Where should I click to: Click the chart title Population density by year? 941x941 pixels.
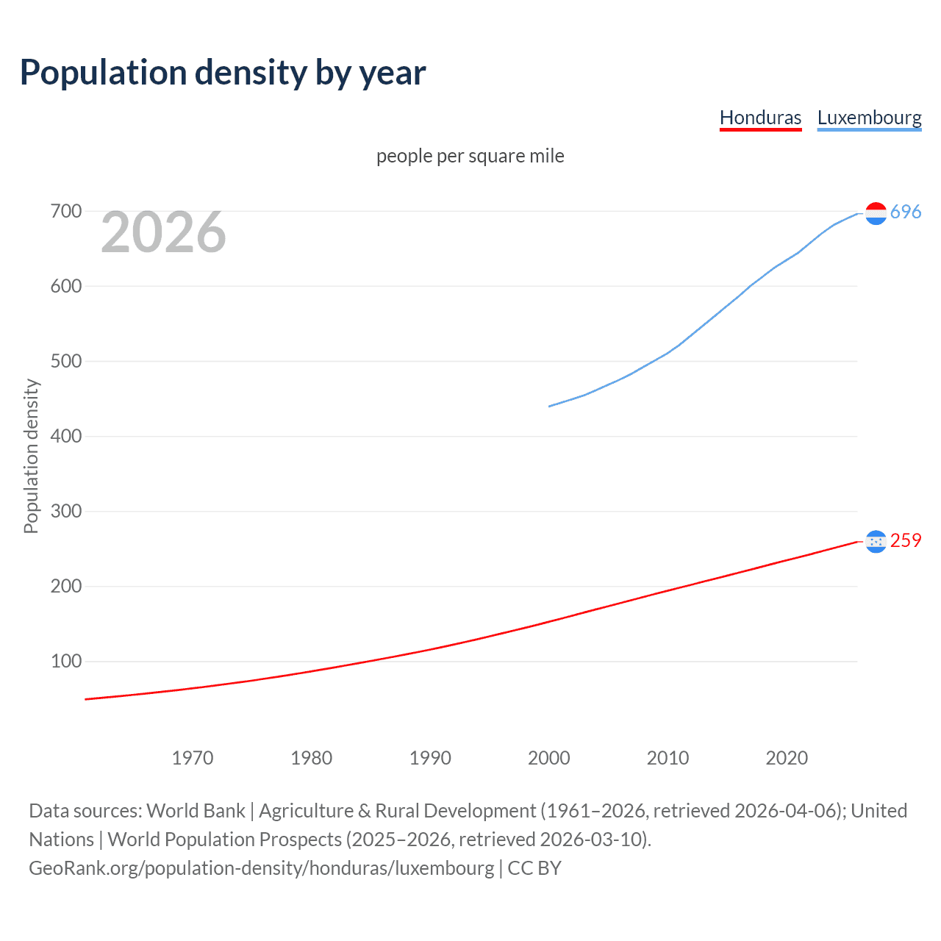click(x=223, y=73)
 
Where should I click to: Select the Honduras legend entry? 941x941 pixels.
click(x=760, y=118)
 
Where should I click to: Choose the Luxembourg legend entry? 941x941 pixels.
click(x=869, y=118)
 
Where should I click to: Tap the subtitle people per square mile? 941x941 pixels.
click(x=470, y=156)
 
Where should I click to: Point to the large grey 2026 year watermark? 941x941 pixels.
click(x=163, y=232)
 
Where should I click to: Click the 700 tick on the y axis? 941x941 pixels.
click(x=65, y=212)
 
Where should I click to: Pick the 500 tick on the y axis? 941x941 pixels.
click(x=65, y=362)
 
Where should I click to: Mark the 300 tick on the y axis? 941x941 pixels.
click(x=65, y=511)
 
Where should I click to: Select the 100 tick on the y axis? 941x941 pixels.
click(x=65, y=661)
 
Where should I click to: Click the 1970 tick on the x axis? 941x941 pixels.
click(x=193, y=758)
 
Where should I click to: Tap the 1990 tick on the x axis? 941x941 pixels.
click(x=430, y=758)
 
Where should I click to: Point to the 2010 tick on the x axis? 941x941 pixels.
click(x=668, y=758)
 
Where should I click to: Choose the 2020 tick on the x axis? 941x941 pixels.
click(x=787, y=758)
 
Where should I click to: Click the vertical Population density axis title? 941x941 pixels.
click(x=31, y=456)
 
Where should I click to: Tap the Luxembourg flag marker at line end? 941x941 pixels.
click(x=876, y=213)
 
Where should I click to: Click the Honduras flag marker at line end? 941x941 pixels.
click(x=876, y=542)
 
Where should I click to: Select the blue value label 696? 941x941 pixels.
click(x=906, y=212)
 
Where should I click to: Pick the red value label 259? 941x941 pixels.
click(x=906, y=541)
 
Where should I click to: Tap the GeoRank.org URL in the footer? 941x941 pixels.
click(x=261, y=868)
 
